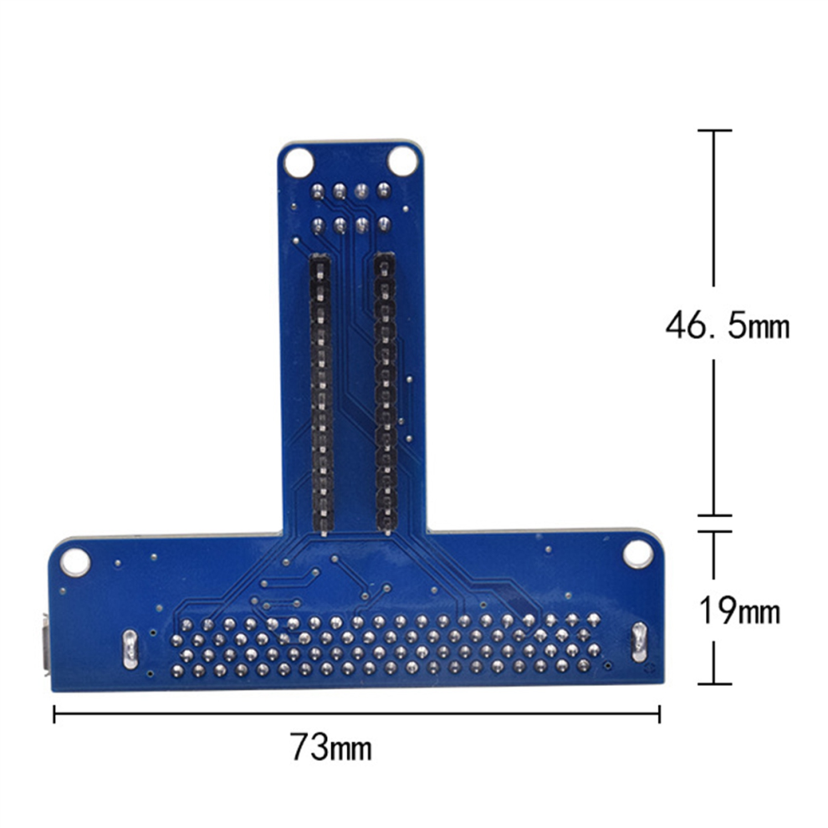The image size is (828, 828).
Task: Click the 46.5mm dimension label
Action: coord(727,325)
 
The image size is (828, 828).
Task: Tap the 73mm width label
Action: coord(331,746)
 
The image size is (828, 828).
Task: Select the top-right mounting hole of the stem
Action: coord(402,161)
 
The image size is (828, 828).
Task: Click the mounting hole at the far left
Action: coord(74,560)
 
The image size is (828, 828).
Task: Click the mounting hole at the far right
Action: coord(637,554)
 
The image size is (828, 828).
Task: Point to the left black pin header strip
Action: coord(321,393)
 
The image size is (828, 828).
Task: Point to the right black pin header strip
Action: coord(384,393)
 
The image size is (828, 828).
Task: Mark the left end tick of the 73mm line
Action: coord(54,713)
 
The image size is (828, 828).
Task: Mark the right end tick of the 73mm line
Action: coord(660,713)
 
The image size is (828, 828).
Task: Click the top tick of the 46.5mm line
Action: coord(713,130)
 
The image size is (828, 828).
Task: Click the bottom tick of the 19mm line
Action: coord(713,683)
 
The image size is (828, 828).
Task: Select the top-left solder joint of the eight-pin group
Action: coord(318,191)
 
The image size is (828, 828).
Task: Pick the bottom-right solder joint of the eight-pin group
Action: coord(383,223)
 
